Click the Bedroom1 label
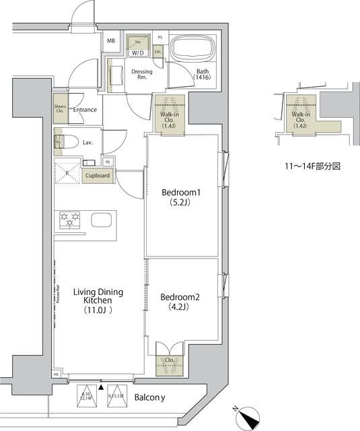181,197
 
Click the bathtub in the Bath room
192,51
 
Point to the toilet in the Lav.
63,143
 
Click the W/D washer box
138,45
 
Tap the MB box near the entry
111,41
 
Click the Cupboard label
98,176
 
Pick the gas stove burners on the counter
70,220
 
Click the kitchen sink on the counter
102,220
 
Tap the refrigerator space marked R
68,173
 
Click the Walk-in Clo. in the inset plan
301,119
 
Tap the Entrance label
85,110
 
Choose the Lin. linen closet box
158,51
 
